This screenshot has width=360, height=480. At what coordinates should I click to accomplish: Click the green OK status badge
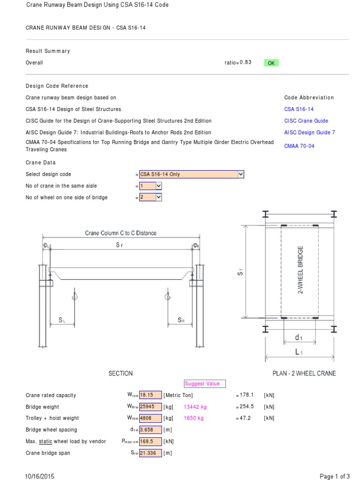point(271,63)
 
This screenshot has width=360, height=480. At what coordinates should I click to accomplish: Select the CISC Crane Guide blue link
point(306,121)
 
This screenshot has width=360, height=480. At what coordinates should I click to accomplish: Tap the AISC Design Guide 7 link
point(309,133)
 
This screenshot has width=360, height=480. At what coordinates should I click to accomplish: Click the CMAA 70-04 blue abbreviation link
point(299,146)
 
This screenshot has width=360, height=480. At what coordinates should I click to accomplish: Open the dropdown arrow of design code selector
point(241,174)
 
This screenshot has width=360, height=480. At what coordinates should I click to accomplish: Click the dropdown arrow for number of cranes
point(158,186)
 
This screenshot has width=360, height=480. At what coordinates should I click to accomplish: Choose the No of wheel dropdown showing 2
point(150,197)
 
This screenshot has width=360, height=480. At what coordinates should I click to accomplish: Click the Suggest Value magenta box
point(205,383)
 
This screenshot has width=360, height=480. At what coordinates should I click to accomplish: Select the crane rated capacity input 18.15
point(150,395)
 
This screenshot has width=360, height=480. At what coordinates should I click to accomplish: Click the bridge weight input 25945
point(150,407)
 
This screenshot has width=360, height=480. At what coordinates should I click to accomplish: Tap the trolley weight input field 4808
point(150,418)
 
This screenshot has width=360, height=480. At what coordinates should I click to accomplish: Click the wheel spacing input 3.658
point(150,430)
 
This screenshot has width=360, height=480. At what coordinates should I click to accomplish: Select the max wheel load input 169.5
point(150,441)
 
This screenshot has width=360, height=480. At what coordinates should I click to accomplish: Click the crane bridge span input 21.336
point(150,453)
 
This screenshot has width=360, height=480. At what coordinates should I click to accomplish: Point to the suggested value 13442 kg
point(195,407)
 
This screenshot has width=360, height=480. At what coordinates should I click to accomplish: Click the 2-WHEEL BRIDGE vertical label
point(300,270)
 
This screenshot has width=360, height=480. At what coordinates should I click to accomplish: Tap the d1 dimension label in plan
point(299,337)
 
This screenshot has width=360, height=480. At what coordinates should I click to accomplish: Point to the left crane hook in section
point(74,295)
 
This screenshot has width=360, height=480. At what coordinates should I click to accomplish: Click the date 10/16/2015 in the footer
point(40,476)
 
